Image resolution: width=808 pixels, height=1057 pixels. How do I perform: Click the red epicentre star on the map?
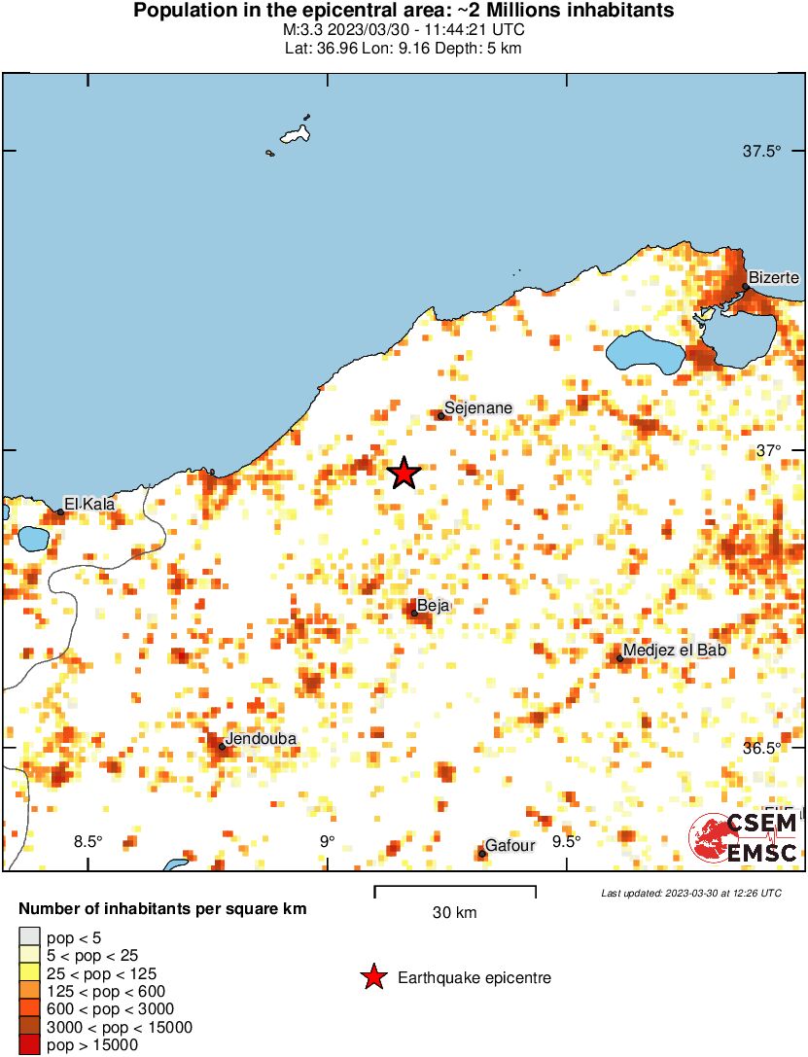(404, 474)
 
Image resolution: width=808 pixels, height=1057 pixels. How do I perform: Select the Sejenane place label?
(477, 407)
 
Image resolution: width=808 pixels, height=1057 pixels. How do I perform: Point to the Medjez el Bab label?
(674, 650)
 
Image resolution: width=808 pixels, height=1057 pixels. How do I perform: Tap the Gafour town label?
(509, 845)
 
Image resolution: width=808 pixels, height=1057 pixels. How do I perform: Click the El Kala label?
(88, 504)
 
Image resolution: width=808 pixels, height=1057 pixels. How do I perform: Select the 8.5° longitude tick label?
(88, 842)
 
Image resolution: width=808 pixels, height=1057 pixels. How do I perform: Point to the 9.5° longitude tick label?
(566, 842)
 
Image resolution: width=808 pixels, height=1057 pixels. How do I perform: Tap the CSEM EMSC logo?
(745, 838)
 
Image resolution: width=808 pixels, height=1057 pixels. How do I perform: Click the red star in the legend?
(372, 977)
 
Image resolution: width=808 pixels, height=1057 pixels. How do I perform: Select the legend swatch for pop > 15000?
(29, 1045)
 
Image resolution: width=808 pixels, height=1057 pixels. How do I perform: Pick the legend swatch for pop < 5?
(29, 937)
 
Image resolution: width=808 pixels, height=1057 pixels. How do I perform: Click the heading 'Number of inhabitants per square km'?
(163, 910)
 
